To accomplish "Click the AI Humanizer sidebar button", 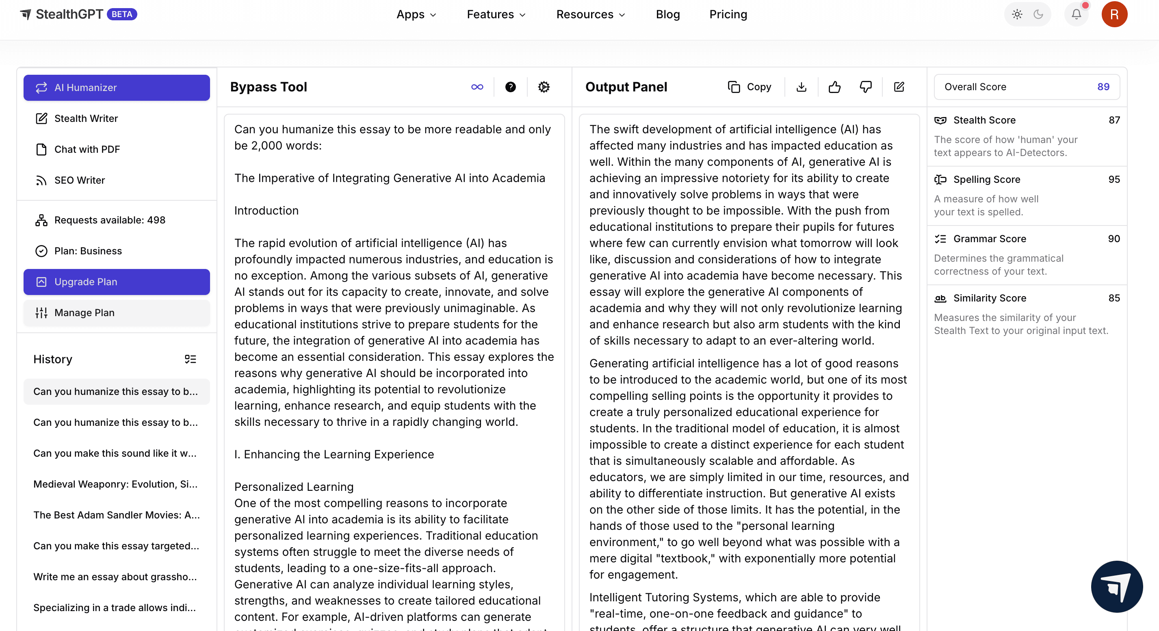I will click(117, 87).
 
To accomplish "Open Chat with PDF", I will click(87, 150).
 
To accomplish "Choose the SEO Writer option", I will click(79, 180).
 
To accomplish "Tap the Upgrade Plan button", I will click(117, 282).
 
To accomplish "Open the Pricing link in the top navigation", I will click(728, 14).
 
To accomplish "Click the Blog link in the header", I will click(668, 14).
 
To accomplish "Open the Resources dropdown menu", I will click(590, 14).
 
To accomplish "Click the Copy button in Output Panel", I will click(750, 87).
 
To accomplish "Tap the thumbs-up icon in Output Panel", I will click(834, 87).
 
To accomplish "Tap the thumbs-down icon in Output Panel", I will click(866, 87).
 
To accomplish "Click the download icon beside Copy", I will click(802, 87).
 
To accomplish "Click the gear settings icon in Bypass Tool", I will click(544, 87).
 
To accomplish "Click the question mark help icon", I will click(510, 87).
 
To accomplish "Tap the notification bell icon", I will click(1076, 14).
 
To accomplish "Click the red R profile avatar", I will click(1114, 14).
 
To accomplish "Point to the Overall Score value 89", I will click(1103, 87).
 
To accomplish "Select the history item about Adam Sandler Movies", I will click(117, 515).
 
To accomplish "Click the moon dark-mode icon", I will click(1038, 14).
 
